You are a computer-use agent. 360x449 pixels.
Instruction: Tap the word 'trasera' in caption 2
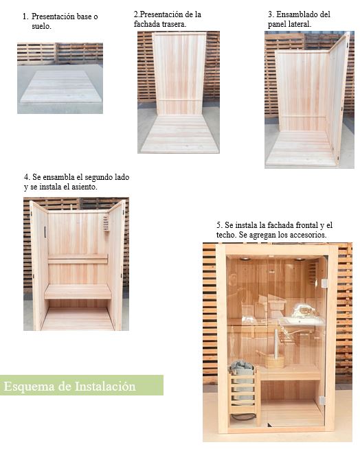172,23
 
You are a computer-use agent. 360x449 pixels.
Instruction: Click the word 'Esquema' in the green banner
30,387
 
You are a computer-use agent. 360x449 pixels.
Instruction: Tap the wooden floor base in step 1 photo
60,87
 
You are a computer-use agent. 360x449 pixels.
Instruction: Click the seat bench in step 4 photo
78,291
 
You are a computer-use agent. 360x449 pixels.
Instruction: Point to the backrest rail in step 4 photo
78,260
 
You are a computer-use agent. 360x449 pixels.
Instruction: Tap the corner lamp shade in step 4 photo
106,224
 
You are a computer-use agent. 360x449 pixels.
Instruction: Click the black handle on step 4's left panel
45,233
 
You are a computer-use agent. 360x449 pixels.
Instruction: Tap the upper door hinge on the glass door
324,283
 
